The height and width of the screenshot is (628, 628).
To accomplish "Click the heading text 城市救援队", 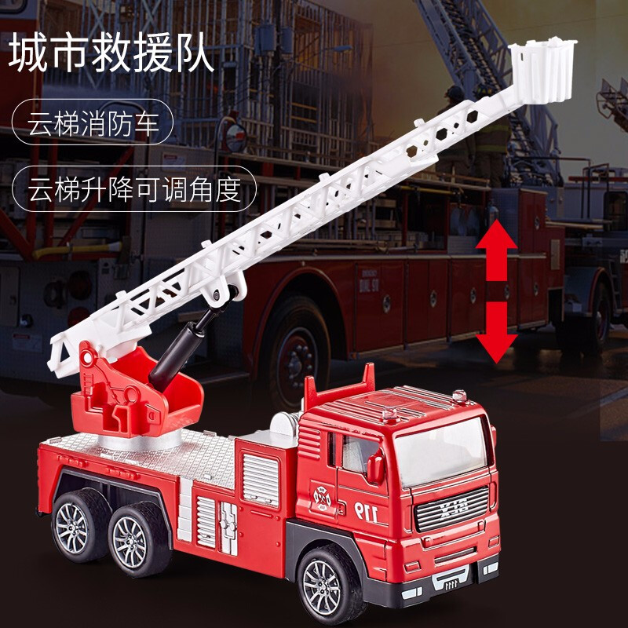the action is pos(111,53).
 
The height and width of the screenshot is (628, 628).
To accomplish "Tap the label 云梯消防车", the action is pos(93,122).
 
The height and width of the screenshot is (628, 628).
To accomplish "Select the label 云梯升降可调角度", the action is pos(134,188).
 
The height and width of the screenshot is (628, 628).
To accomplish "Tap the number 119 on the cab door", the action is pos(367,512).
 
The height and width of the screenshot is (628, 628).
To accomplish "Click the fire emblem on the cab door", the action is pos(323,498).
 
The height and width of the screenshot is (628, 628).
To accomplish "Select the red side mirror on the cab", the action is pos(376,466).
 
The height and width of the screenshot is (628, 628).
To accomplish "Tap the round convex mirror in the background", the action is pos(236,137).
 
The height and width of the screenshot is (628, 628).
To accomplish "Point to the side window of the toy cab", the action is pos(356,453).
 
